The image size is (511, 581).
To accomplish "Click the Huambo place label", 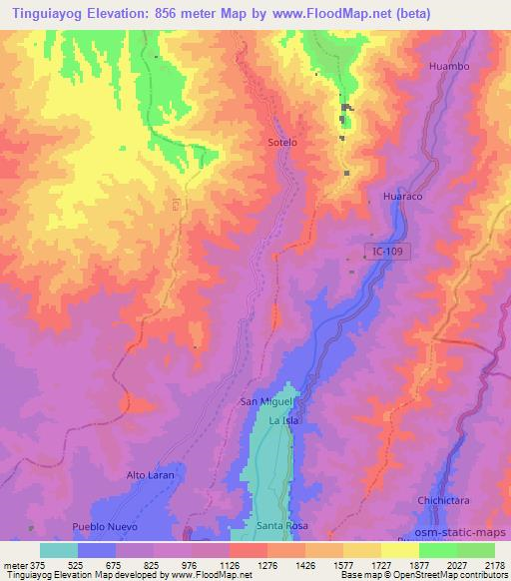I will coord(448,66).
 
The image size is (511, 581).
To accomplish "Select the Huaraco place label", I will coord(403,197).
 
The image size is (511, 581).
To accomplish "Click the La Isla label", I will coord(284,422).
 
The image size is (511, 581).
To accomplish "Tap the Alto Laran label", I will coord(151,475).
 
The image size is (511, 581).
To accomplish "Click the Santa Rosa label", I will coord(279,526).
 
